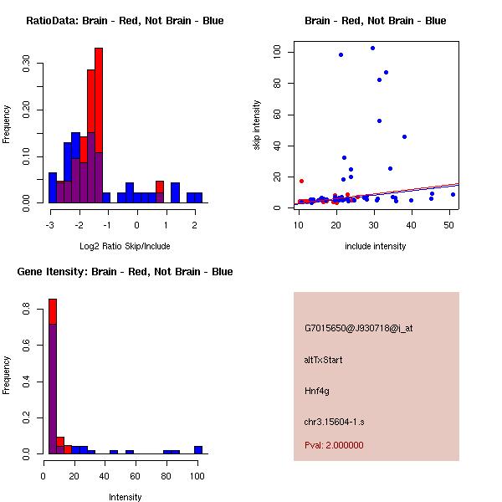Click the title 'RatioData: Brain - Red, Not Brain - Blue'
click(125, 21)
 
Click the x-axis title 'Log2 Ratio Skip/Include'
click(125, 245)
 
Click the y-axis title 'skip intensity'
click(257, 125)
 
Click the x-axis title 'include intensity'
click(375, 245)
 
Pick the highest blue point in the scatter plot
click(372, 48)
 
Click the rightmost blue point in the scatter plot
click(453, 194)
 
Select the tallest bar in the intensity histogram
click(52, 376)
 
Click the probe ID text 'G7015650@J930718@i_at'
click(358, 328)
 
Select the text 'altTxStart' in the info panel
click(324, 360)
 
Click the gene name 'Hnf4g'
click(316, 391)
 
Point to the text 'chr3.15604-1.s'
click(333, 421)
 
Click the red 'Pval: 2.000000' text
click(334, 445)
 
